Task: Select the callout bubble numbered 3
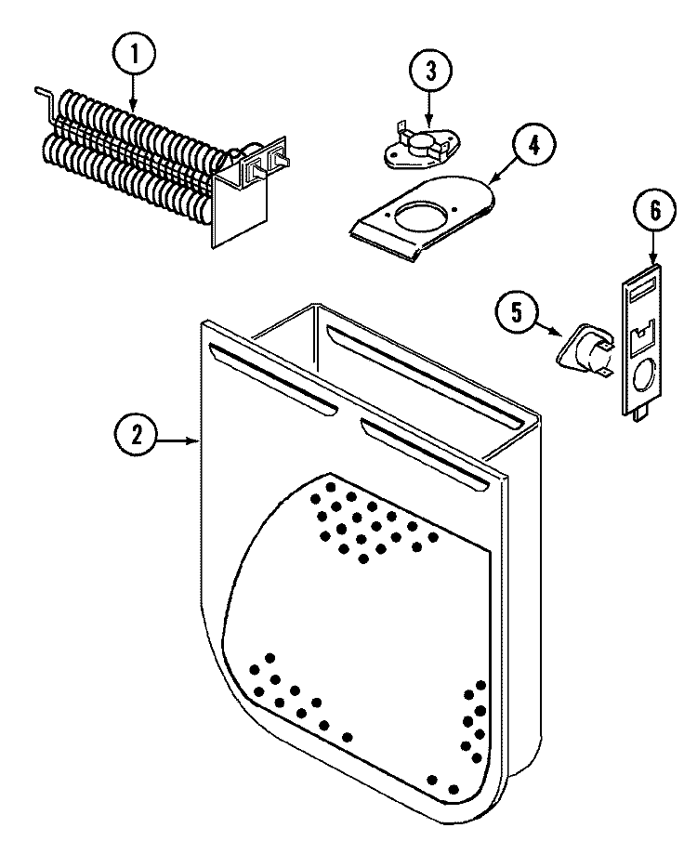tap(429, 70)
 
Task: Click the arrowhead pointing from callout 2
tap(194, 439)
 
